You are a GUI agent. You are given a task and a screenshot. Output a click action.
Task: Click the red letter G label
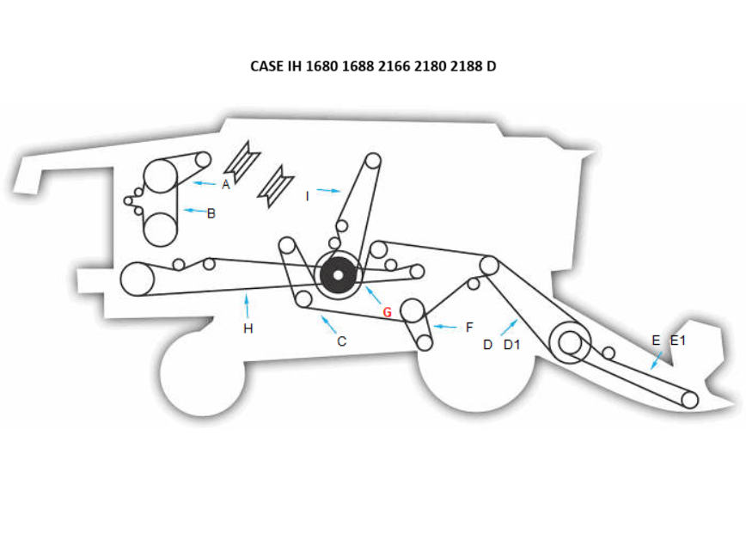[387, 312]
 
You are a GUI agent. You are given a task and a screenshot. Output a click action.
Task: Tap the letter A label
[226, 184]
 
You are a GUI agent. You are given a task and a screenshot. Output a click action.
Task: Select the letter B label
[211, 213]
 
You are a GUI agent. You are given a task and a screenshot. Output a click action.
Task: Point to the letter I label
[307, 196]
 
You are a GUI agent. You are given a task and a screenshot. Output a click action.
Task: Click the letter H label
[248, 328]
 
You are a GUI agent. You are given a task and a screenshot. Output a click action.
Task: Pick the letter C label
[341, 341]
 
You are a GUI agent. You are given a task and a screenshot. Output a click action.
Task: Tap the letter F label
[469, 328]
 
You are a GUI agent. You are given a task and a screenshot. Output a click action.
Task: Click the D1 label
[512, 345]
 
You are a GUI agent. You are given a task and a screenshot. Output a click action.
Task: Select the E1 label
[678, 341]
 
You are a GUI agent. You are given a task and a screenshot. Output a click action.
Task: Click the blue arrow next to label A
[204, 183]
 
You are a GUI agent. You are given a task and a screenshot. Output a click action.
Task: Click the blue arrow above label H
[247, 304]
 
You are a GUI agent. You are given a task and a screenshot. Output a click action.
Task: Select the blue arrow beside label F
[445, 327]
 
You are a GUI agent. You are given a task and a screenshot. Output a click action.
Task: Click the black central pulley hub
[339, 275]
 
